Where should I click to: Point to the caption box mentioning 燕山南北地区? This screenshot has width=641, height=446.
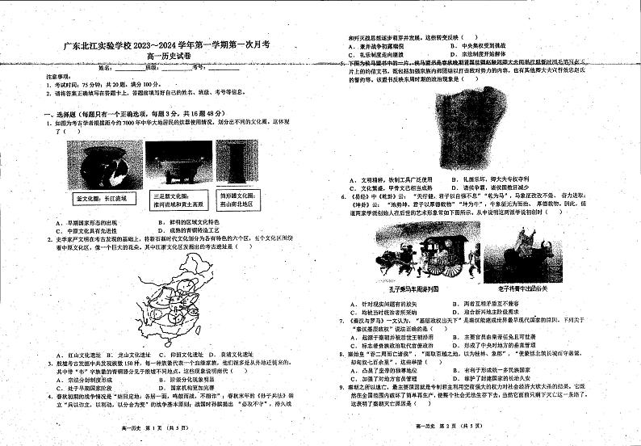coord(236,200)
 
